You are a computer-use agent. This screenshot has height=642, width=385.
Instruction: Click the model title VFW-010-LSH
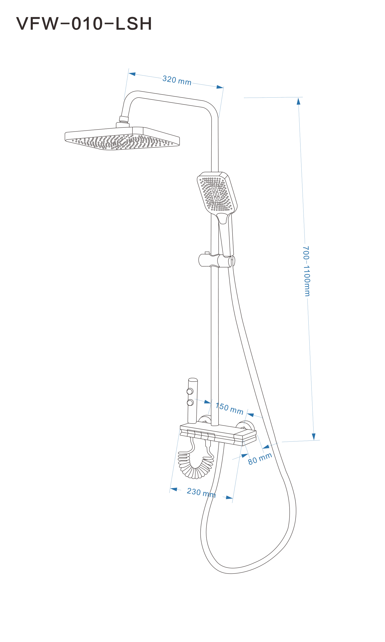pyautogui.click(x=84, y=24)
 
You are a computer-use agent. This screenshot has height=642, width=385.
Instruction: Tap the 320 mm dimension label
pyautogui.click(x=177, y=80)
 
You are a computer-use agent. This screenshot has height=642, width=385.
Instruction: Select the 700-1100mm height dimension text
pyautogui.click(x=306, y=271)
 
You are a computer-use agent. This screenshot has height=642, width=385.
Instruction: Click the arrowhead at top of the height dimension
pyautogui.click(x=299, y=101)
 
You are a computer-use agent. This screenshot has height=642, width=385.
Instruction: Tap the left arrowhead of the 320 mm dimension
pyautogui.click(x=132, y=74)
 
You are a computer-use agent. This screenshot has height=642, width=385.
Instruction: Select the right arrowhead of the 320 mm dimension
pyautogui.click(x=220, y=87)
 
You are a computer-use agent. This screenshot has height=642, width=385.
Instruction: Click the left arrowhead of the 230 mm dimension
pyautogui.click(x=174, y=489)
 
